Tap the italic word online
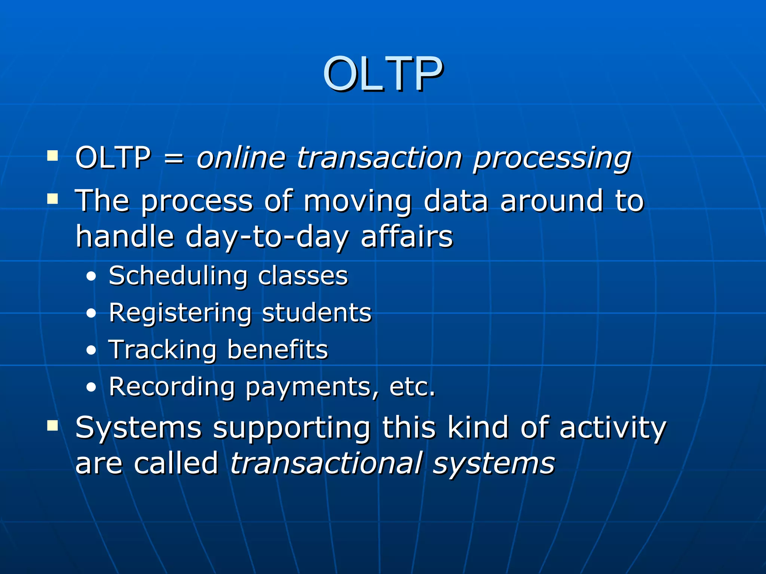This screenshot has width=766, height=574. tap(241, 157)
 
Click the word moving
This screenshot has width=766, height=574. tap(357, 202)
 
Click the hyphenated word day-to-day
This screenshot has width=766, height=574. tap(267, 238)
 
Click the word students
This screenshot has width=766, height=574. tap(316, 313)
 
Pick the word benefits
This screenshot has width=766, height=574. tap(277, 350)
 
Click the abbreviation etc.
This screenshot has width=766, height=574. tap(412, 387)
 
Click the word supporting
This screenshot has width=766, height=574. tap(291, 428)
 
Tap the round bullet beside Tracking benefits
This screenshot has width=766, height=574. tap(91, 351)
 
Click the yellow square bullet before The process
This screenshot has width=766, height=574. tap(53, 199)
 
